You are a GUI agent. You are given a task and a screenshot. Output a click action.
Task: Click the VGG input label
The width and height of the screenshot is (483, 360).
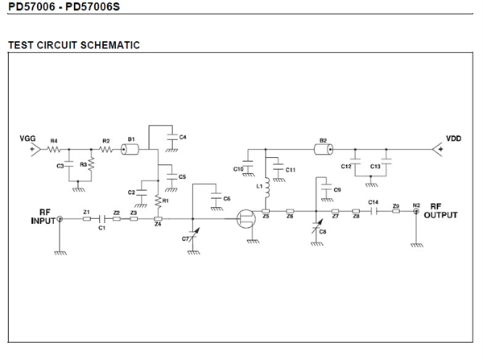(28, 139)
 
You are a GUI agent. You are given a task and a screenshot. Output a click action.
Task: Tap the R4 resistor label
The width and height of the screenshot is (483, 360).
(55, 142)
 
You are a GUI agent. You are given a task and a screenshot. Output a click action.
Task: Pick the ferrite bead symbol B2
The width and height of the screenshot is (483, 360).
(323, 149)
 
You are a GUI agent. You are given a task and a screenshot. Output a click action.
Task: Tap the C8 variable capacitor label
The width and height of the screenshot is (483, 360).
(323, 232)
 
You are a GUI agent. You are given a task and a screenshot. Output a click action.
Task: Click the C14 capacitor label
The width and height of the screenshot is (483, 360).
(373, 202)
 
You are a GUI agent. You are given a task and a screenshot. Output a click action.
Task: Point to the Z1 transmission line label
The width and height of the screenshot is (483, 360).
(86, 211)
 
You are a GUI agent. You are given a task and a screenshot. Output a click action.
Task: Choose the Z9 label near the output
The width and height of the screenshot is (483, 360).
(396, 207)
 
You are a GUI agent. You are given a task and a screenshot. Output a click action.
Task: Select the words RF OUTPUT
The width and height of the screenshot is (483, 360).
(441, 210)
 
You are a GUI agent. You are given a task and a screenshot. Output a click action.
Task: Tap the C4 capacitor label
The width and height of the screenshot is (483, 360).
(183, 137)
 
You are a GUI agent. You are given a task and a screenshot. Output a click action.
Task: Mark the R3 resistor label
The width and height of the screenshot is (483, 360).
(83, 163)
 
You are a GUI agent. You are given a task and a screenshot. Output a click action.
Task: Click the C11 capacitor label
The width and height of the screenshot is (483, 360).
(290, 169)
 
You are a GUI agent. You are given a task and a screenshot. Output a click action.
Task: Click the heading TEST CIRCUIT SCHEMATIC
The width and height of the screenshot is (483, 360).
(73, 45)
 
